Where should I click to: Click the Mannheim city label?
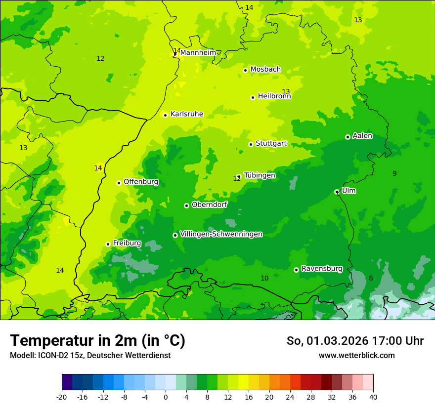point(198,53)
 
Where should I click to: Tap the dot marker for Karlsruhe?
point(166,115)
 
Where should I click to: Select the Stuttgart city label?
point(271,144)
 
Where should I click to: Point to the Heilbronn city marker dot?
point(253,97)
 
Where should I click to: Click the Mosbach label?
point(265,70)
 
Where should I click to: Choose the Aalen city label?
point(362,136)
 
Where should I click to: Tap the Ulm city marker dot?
point(337,192)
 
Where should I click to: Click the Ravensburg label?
point(322,269)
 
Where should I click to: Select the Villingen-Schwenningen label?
point(221,234)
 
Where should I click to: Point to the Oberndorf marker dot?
point(186,205)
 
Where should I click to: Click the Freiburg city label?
point(127,243)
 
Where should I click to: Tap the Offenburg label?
point(141,182)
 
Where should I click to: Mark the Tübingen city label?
point(260,175)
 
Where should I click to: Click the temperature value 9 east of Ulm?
point(394,173)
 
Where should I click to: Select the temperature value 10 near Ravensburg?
point(264,279)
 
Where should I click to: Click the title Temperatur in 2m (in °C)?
point(97,341)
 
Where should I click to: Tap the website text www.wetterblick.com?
point(356,356)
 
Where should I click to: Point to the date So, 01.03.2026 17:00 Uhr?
point(355,341)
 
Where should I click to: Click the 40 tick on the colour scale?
point(373,397)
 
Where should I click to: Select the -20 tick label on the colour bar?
point(62,397)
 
